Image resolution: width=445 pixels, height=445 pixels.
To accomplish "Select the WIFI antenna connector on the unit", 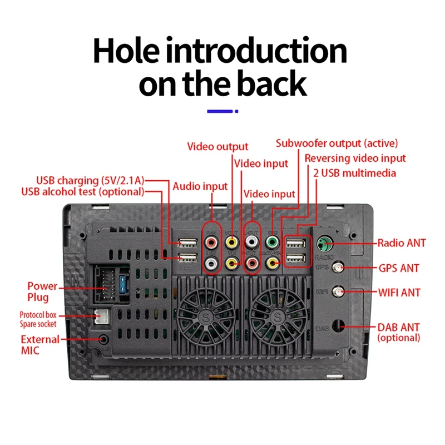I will (338, 291).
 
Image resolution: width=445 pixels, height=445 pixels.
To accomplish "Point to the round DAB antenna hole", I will (338, 327).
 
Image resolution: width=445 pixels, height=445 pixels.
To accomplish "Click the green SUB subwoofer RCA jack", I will (273, 243).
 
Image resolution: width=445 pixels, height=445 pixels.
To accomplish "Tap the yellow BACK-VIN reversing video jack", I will (273, 261).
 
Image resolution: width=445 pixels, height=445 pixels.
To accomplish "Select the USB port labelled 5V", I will (187, 243).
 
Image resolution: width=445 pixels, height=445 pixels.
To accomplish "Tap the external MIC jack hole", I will (103, 339).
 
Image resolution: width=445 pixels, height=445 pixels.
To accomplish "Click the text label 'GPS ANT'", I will (398, 269).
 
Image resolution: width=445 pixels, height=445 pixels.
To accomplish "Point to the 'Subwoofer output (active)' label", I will (337, 144).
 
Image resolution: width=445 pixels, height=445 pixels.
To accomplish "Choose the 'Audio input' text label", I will (200, 186).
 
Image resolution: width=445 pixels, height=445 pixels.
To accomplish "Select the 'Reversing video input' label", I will (355, 159).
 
